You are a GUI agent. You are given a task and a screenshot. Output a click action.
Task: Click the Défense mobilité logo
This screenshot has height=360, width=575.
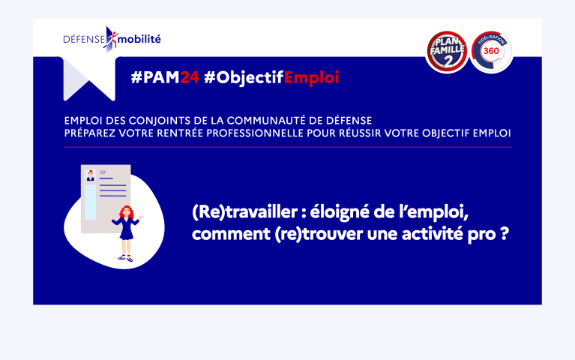point(112,39)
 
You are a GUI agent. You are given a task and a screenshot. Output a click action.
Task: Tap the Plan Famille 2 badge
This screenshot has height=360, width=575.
point(447,52)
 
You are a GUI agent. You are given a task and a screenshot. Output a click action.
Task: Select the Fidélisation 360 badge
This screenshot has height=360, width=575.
point(491,52)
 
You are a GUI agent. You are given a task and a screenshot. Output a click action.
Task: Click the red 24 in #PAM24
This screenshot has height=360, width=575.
point(190,77)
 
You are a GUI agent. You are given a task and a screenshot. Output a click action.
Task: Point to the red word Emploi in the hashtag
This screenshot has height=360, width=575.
point(311,78)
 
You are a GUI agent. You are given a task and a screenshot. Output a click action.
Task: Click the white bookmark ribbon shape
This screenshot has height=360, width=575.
point(89,79)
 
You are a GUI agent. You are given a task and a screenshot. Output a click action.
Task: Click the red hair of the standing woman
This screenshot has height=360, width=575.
point(126,211)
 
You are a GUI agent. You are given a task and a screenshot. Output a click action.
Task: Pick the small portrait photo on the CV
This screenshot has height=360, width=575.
point(90,175)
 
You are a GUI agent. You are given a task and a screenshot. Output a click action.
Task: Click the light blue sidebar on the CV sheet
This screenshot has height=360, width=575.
point(90,202)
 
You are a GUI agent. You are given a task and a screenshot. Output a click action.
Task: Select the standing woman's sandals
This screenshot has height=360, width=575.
point(125,258)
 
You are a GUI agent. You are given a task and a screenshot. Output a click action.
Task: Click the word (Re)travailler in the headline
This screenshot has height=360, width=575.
point(244,212)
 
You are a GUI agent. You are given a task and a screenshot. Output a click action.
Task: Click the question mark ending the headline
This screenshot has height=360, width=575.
point(505,233)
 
